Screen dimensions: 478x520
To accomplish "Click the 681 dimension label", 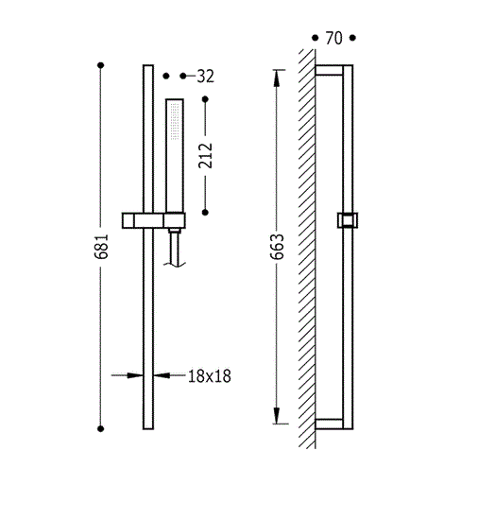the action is click(x=101, y=247).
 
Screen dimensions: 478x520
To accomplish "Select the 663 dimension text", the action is click(x=278, y=247).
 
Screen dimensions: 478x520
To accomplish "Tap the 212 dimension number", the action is click(x=205, y=156).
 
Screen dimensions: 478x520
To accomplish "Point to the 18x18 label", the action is click(x=210, y=376).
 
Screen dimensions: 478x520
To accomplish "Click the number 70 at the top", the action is click(x=333, y=38).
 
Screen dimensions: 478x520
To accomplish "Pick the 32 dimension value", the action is click(x=205, y=77).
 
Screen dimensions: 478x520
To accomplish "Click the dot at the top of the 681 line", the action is click(x=101, y=65).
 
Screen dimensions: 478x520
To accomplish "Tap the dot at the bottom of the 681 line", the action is click(x=101, y=429).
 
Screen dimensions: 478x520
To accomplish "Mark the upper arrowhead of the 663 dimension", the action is click(x=277, y=78).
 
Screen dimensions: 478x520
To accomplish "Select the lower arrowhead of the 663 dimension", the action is click(x=277, y=415).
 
